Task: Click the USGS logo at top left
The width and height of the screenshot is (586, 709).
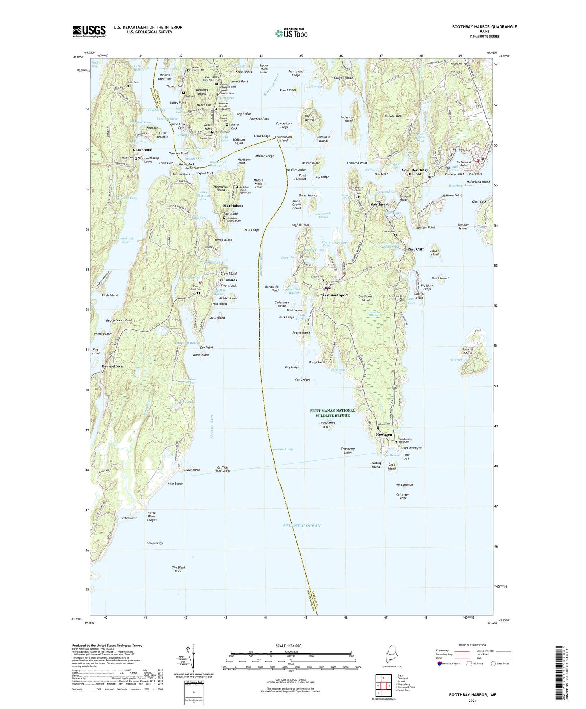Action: (x=89, y=31)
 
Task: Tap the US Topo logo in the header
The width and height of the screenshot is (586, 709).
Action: (x=291, y=33)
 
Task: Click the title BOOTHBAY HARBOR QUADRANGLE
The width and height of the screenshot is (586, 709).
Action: (x=484, y=27)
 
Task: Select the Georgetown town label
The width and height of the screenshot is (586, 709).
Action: (x=112, y=367)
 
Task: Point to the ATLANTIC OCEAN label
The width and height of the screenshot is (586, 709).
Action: (x=301, y=526)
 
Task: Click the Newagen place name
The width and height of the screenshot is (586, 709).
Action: (x=384, y=434)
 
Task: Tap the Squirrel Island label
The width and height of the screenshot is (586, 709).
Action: (x=468, y=351)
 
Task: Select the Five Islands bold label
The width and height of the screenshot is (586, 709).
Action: (x=226, y=280)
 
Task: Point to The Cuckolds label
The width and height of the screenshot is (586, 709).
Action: (x=404, y=485)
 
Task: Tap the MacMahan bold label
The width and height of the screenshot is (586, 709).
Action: (x=233, y=206)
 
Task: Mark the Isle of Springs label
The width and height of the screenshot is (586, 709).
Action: (x=309, y=118)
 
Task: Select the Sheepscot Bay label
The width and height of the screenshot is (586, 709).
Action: (x=283, y=450)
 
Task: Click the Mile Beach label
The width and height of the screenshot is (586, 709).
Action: (x=175, y=484)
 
